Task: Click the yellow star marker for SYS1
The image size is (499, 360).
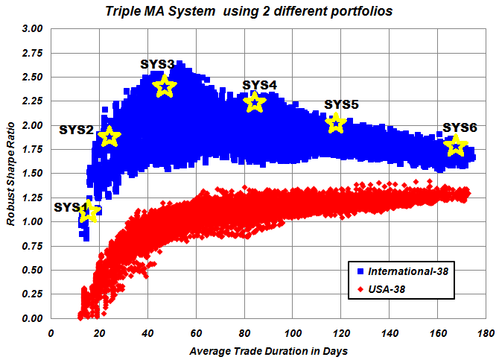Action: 89,212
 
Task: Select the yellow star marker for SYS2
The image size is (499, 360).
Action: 109,136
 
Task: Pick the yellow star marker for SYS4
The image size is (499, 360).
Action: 255,102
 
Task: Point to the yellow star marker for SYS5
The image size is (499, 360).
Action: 336,123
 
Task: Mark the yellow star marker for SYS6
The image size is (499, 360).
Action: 456,146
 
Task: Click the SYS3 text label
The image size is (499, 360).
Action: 157,64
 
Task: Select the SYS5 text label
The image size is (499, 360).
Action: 341,104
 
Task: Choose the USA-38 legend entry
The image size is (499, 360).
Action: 387,288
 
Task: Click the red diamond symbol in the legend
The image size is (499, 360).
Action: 360,288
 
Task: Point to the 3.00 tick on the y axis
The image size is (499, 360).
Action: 33,29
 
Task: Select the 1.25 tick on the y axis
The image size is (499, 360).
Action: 33,198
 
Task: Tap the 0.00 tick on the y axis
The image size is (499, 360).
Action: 33,318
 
